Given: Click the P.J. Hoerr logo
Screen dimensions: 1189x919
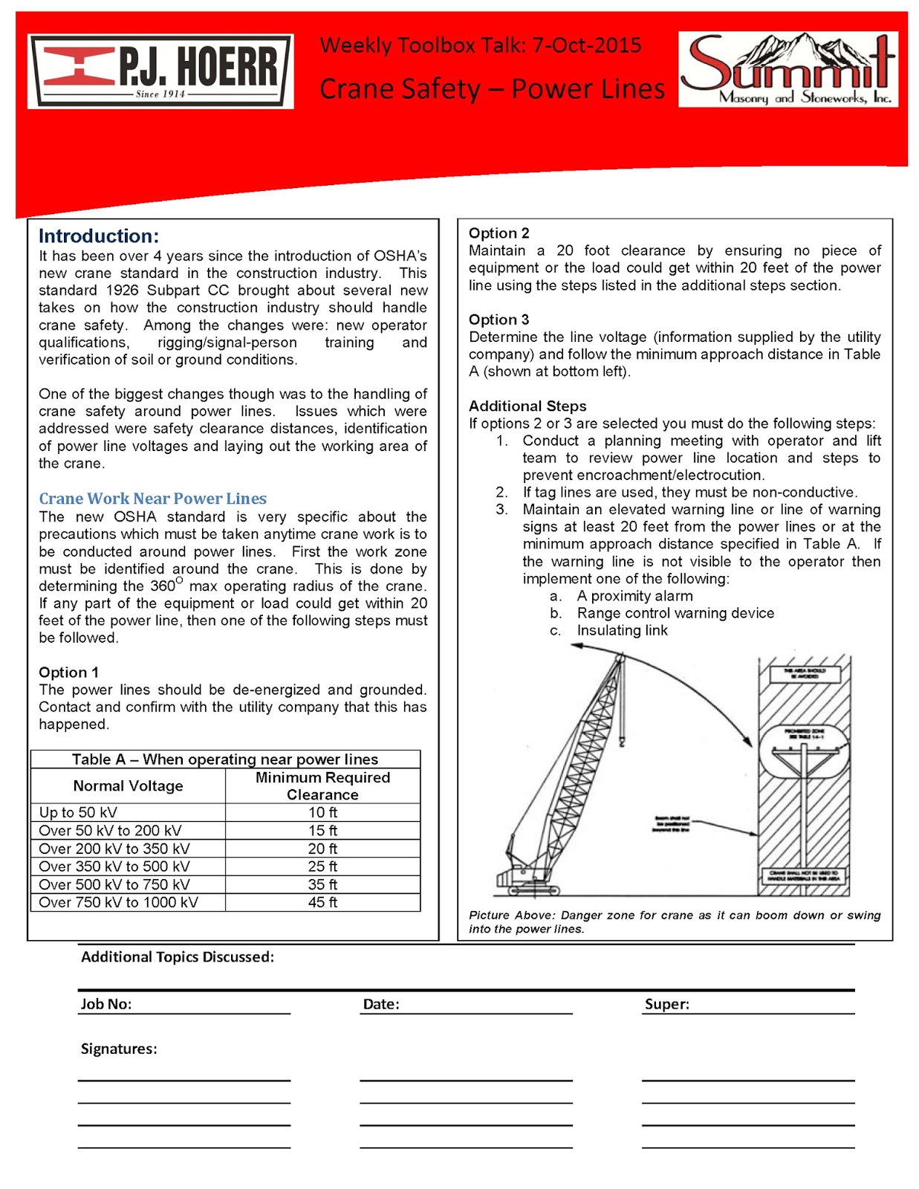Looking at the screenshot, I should pyautogui.click(x=160, y=71).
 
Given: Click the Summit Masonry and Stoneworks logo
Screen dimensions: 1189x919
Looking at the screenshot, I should pyautogui.click(x=788, y=70).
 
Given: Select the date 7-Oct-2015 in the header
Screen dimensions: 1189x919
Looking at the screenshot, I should pyautogui.click(x=586, y=45).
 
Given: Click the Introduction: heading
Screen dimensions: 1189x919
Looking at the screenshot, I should pyautogui.click(x=99, y=236).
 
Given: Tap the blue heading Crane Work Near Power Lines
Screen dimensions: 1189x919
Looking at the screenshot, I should pyautogui.click(x=152, y=499).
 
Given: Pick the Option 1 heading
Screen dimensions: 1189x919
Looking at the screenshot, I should pyautogui.click(x=68, y=673).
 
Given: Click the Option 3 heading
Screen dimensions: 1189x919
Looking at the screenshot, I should pyautogui.click(x=499, y=320).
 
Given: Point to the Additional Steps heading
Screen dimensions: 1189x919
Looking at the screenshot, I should pyautogui.click(x=527, y=406).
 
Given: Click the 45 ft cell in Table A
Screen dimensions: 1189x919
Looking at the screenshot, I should pyautogui.click(x=322, y=902).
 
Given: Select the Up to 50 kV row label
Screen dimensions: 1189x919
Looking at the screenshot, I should pyautogui.click(x=78, y=812).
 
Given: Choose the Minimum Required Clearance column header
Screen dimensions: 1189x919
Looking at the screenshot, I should pyautogui.click(x=322, y=786).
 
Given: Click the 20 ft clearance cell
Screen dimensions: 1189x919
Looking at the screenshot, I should pyautogui.click(x=322, y=849).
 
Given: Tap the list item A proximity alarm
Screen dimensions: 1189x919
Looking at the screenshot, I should pyautogui.click(x=634, y=596).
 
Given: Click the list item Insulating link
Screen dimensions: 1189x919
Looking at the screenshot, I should pyautogui.click(x=622, y=631).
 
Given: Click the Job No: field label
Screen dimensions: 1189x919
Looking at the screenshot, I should pyautogui.click(x=106, y=1004).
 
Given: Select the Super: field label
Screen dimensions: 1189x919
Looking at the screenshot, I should pyautogui.click(x=666, y=1004).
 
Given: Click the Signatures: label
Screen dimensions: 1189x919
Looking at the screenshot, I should pyautogui.click(x=119, y=1049).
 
